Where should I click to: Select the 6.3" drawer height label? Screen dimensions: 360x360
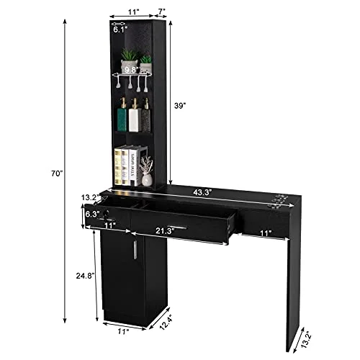click(92, 214)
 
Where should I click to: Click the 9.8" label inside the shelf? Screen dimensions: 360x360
click(131, 70)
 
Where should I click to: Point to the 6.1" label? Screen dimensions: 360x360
click(121, 30)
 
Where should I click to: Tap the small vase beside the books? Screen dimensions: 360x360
click(147, 176)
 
